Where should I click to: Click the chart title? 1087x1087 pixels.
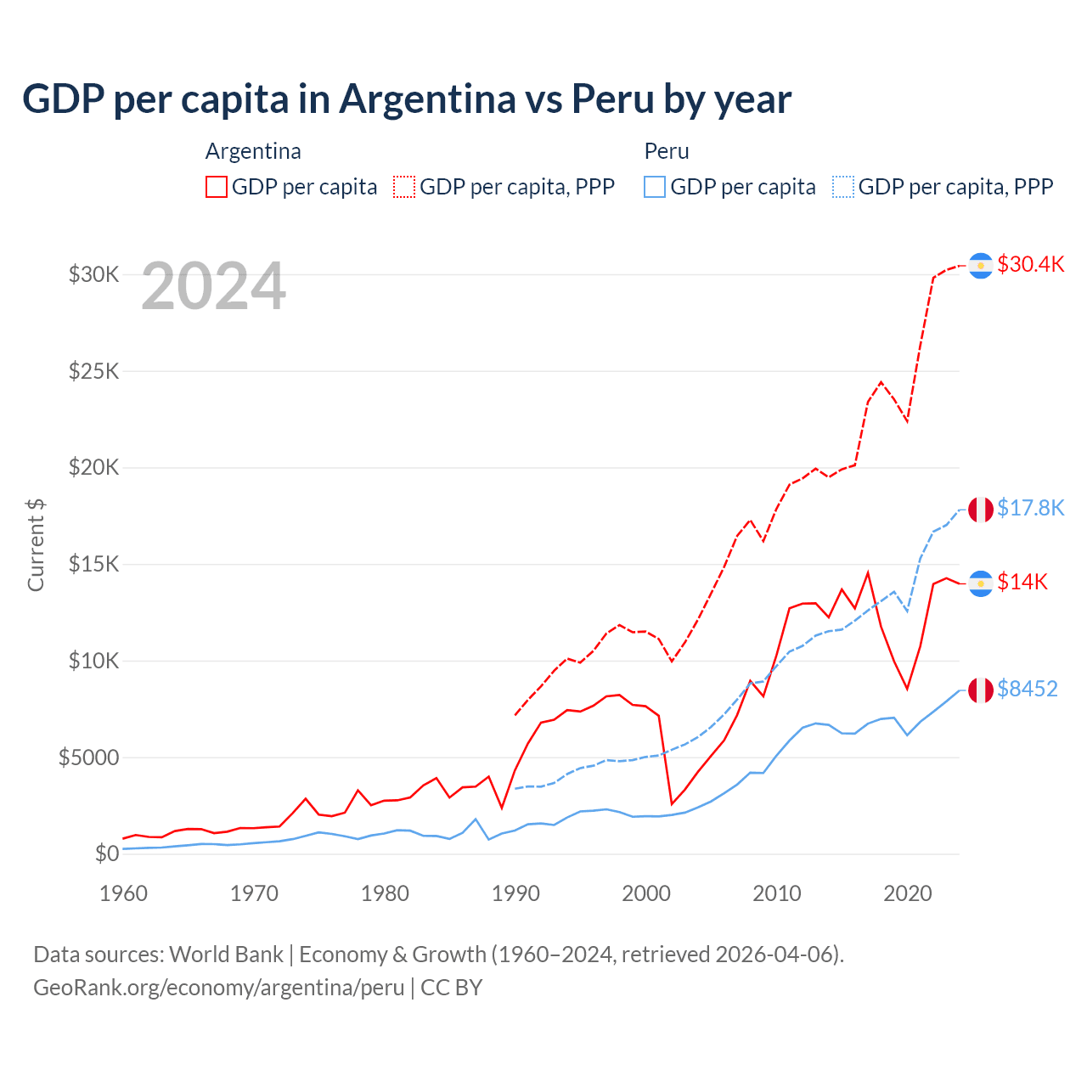coord(407,99)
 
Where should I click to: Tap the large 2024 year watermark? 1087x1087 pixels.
coord(213,287)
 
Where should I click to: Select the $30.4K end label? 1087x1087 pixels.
coord(1030,264)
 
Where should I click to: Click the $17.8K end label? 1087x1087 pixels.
coord(1030,508)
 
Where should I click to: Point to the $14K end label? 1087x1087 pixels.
coord(1022,582)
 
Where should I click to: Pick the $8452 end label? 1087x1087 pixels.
coord(1027,689)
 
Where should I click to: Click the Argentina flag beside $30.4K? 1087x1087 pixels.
coord(981,266)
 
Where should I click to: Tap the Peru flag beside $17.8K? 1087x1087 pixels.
coord(981,510)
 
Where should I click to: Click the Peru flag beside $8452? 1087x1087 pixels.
coord(981,690)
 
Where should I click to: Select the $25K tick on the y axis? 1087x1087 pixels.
coord(94,371)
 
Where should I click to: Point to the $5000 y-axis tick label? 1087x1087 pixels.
coord(88,758)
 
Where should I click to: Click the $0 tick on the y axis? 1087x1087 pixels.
coord(106,853)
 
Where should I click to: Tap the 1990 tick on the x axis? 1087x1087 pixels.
coord(515,893)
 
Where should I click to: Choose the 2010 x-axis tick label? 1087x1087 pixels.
coord(777,893)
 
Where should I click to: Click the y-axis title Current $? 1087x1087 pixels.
coord(36,545)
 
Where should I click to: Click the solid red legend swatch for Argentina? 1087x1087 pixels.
coord(217,187)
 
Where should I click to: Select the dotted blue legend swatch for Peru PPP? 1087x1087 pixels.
coord(843,187)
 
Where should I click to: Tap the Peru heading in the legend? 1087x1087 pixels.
coord(667,151)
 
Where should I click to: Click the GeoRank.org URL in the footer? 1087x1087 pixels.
coord(219,988)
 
